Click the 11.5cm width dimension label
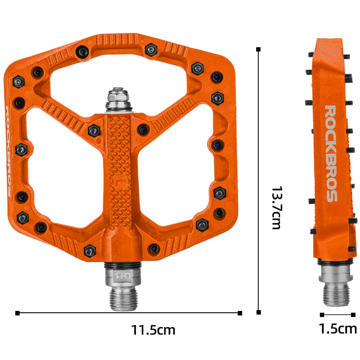coord(153,330)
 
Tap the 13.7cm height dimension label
coord(277,208)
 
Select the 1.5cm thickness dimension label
coord(338,328)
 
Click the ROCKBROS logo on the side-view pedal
coord(331,153)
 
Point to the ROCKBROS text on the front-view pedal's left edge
coord(8,151)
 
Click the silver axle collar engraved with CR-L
coord(123,277)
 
